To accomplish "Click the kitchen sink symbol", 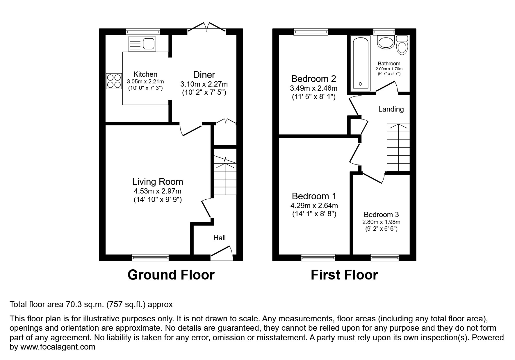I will click(x=142, y=44).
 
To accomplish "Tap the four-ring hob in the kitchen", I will click(x=114, y=81).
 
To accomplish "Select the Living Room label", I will click(x=158, y=182).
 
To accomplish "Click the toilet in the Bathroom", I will click(x=402, y=45).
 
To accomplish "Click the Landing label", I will click(x=391, y=109).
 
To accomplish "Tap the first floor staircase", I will click(x=398, y=148).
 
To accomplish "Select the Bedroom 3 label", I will click(x=381, y=215).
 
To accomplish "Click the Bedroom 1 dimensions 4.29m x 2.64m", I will click(x=314, y=206).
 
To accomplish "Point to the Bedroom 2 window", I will click(x=311, y=32).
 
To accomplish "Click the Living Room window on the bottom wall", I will click(x=150, y=257).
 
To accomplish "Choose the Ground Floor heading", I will click(x=171, y=275).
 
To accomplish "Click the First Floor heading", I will click(x=344, y=275).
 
